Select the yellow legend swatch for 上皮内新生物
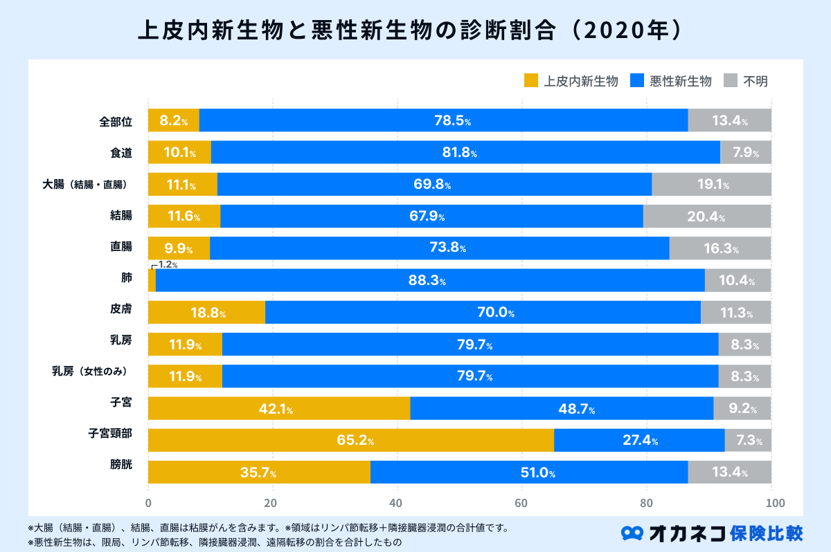531,81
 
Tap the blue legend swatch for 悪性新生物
638,81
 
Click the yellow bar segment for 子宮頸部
350,440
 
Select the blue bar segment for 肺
430,280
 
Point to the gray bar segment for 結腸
706,217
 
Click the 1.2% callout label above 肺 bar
168,264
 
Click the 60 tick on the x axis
521,503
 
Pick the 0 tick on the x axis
148,503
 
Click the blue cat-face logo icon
633,533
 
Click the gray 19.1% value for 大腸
711,185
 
